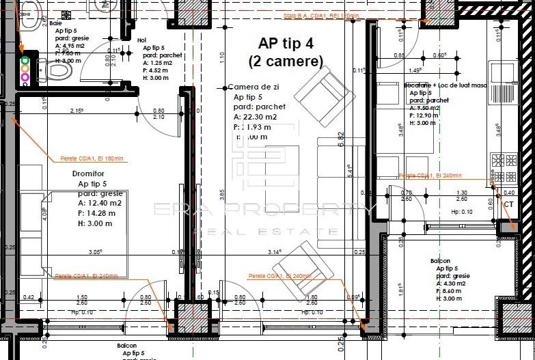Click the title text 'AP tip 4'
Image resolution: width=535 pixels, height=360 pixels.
pyautogui.click(x=286, y=44)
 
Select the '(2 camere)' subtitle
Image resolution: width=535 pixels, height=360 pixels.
pyautogui.click(x=286, y=61)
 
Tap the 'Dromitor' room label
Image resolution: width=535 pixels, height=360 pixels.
pyautogui.click(x=89, y=174)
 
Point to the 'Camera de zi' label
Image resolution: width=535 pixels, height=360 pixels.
pyautogui.click(x=253, y=87)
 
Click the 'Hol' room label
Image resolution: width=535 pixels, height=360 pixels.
pyautogui.click(x=141, y=40)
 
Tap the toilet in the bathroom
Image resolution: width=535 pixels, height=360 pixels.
pyautogui.click(x=57, y=69)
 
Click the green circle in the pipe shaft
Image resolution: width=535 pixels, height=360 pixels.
pyautogui.click(x=25, y=60)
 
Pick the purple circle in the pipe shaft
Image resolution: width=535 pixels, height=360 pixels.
pyautogui.click(x=25, y=77)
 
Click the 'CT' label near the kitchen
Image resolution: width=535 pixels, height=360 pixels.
pyautogui.click(x=508, y=204)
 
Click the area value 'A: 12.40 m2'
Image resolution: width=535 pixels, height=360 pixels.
pyautogui.click(x=100, y=203)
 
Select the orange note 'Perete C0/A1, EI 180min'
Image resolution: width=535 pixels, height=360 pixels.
pyautogui.click(x=89, y=158)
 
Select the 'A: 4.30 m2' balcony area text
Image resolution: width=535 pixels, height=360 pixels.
pyautogui.click(x=451, y=283)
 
